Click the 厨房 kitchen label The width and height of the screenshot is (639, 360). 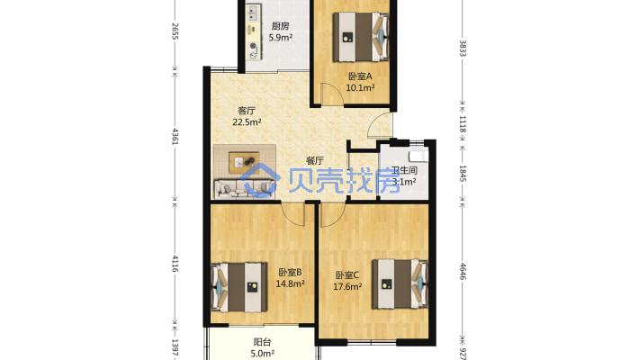pyautogui.click(x=281, y=26)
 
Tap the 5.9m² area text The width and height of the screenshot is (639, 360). pyautogui.click(x=281, y=38)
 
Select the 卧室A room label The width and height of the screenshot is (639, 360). pyautogui.click(x=360, y=76)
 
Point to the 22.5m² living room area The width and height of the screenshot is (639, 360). pyautogui.click(x=247, y=121)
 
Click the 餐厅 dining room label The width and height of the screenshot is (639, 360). pyautogui.click(x=315, y=160)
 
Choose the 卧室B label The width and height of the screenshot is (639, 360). pyautogui.click(x=290, y=272)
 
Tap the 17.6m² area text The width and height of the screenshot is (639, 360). pyautogui.click(x=347, y=286)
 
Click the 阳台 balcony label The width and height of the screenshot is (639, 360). pyautogui.click(x=262, y=342)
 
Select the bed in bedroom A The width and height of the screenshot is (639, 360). pyautogui.click(x=361, y=37)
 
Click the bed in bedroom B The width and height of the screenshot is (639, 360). pyautogui.click(x=239, y=287)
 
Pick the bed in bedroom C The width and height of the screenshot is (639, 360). pyautogui.click(x=400, y=283)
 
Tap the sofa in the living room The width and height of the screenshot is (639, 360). pyautogui.click(x=245, y=189)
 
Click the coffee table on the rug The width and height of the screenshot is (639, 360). pyautogui.click(x=244, y=162)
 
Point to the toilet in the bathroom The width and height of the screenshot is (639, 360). pyautogui.click(x=418, y=156)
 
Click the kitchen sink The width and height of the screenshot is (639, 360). pyautogui.click(x=254, y=13)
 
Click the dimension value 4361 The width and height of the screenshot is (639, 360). pyautogui.click(x=175, y=136)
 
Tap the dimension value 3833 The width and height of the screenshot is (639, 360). pyautogui.click(x=463, y=48)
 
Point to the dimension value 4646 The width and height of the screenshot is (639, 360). pyautogui.click(x=463, y=271)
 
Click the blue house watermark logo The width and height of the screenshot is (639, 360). pyautogui.click(x=260, y=180)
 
